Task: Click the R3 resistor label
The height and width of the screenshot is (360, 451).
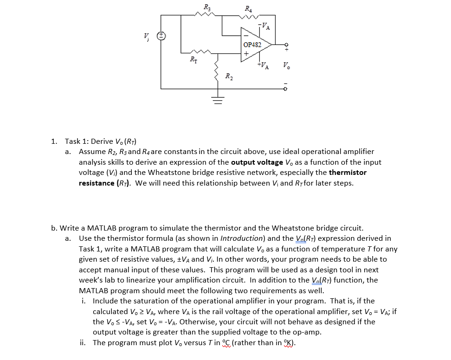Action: click(206, 7)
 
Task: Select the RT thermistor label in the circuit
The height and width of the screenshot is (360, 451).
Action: click(193, 59)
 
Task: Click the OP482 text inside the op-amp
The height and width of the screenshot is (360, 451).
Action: click(252, 45)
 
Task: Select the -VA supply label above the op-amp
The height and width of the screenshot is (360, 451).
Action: click(264, 26)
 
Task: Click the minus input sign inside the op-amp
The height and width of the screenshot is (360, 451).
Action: click(246, 35)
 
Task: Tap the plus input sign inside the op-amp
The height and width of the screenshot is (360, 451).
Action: click(246, 53)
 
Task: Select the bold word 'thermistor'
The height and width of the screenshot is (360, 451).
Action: click(348, 172)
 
